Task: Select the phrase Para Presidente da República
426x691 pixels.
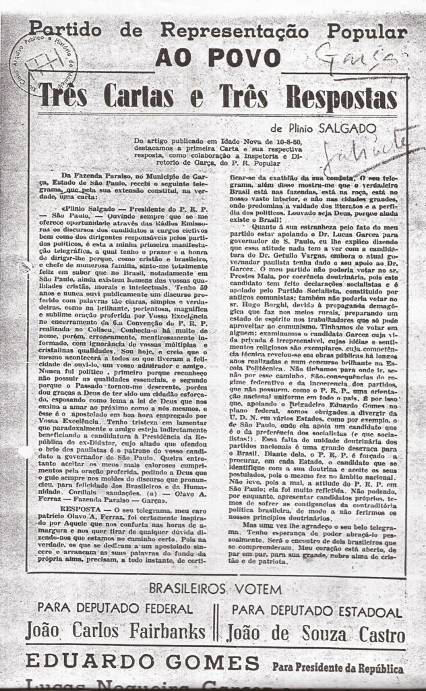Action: pos(338,669)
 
